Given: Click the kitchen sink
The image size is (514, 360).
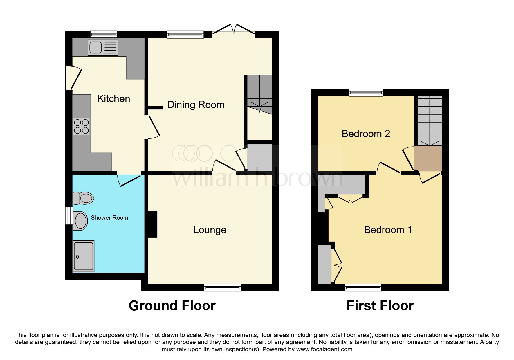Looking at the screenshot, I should coord(102,48).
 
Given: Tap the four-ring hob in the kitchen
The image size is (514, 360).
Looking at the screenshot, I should coord(82,127).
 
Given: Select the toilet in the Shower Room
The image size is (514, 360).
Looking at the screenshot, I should coord(83,198).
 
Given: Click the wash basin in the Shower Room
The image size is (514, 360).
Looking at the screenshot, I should coord(80,221).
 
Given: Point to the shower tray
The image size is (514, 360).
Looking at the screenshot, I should coord(83,256).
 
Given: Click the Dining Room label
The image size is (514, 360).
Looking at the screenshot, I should coord(196,105).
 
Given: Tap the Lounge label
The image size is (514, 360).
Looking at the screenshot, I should coord(210,230).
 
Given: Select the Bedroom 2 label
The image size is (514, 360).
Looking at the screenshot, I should coord(366,134).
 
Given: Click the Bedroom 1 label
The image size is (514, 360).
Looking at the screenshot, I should coord(388,230).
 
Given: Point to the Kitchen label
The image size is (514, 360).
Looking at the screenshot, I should coord(113,98).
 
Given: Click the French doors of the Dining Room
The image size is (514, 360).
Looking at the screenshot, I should coord(234,29).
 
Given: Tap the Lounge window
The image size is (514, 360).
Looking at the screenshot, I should coord(222,287).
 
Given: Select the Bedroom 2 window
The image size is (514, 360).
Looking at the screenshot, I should coord(366,93).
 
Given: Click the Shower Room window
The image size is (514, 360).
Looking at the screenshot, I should coord(68,215).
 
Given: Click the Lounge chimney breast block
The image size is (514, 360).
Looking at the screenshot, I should coord(153,224).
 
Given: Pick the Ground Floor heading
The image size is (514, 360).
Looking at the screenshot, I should coord(172,306).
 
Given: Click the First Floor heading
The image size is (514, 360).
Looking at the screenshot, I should coord(380,306).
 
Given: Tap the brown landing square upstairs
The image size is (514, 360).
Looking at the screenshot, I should coord(428,158).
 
